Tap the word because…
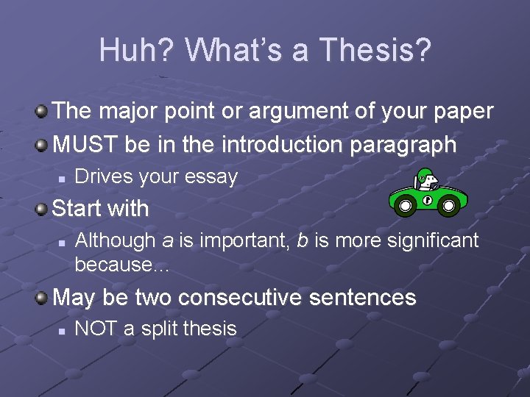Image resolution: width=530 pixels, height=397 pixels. (x=121, y=265)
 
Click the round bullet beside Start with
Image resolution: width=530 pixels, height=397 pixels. (x=43, y=209)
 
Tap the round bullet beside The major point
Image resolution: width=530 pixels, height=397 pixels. (x=43, y=112)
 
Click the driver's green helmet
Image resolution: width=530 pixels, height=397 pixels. (x=423, y=176)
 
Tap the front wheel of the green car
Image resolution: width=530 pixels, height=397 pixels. (x=448, y=206)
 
